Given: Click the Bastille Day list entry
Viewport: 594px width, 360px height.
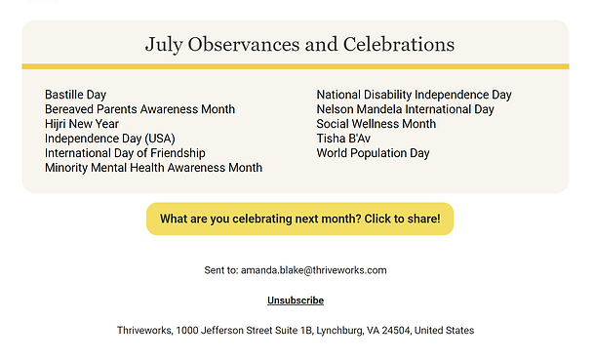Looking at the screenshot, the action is coord(75,95).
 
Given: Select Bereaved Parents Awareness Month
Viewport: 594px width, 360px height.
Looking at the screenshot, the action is coord(139,109).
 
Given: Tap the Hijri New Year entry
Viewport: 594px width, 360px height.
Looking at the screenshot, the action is coord(82,124).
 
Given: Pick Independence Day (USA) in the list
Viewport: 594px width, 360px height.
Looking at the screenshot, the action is coord(110,139).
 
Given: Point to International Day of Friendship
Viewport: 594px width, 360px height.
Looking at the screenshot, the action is coord(125,153).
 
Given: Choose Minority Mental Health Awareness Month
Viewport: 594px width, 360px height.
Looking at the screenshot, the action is coord(153,168).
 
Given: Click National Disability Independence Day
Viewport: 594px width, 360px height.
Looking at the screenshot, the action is coord(415,95).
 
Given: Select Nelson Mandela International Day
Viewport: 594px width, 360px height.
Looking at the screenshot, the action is coord(406,109).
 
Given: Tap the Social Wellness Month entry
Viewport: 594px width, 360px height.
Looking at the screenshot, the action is coord(376,124).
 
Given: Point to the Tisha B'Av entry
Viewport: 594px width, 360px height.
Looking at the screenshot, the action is coord(343,139).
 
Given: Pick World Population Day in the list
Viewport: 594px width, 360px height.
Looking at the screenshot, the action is coord(374,153).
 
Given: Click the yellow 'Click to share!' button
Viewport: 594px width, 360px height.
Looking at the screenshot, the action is coord(299,220).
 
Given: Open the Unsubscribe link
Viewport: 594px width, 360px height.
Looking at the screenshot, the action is coord(296,300).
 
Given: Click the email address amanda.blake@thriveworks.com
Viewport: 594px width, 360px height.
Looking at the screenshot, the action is coord(314,270).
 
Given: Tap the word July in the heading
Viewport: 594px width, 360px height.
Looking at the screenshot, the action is coord(164,45).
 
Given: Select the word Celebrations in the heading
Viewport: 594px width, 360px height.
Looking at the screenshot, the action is coord(399,44).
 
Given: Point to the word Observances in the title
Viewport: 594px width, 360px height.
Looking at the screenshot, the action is coord(244,44).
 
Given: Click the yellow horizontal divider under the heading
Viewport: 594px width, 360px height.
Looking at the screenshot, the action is coord(296,66).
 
